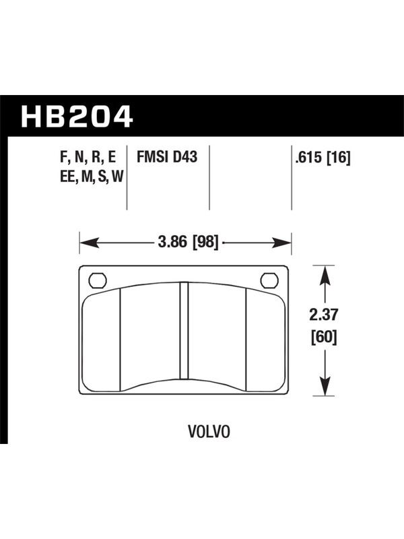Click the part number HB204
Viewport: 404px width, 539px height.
coord(77,117)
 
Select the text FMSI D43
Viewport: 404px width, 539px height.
coord(167,157)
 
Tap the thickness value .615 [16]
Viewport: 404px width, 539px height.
coord(323,158)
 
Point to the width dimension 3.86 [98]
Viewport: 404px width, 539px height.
coord(188,243)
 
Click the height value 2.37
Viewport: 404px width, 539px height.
coord(324,315)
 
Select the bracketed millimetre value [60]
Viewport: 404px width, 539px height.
coord(324,336)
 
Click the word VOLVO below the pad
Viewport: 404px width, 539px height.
coord(209,432)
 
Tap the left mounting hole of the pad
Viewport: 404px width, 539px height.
coord(98,280)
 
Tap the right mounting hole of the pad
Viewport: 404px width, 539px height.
coord(269,280)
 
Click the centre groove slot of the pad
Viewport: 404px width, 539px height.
coord(184,331)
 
